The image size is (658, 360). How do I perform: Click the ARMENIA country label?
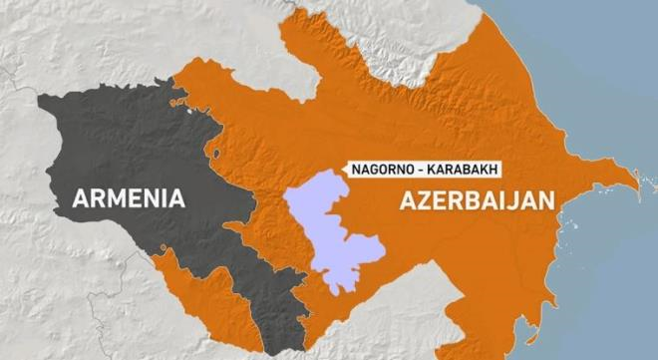click(129, 197)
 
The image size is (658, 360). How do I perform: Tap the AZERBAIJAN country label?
click(477, 199)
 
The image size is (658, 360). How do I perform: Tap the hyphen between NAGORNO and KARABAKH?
click(415, 170)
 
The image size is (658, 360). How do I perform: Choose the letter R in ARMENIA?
click(97, 197)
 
